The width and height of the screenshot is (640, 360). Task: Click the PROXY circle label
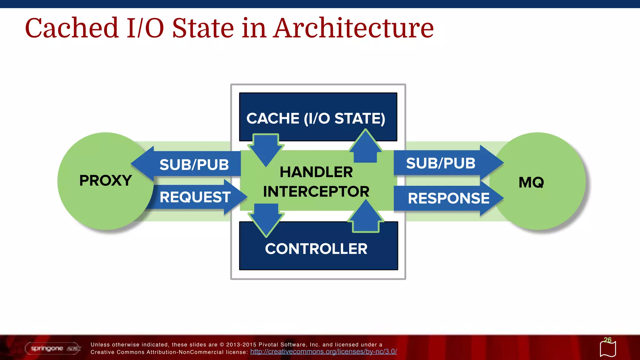(106, 181)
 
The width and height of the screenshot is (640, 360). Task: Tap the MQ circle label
(531, 182)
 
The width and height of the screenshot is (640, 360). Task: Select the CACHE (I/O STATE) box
(316, 118)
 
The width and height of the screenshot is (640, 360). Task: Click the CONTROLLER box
(316, 249)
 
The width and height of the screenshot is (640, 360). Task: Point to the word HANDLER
(316, 172)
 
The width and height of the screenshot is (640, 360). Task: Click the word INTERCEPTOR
(316, 192)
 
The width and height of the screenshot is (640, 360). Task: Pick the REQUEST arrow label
(195, 197)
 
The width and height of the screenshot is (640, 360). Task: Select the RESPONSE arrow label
(448, 198)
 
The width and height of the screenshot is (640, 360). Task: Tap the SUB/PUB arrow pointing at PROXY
(194, 165)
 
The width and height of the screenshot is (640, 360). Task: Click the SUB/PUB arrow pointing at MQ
(441, 163)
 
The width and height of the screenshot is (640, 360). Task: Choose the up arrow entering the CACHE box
(365, 147)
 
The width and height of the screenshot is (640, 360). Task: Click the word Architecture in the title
(353, 28)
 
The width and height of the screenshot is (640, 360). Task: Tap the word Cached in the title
(72, 28)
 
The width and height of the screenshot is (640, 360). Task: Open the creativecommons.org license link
(323, 352)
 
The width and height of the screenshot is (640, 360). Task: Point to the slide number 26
(607, 340)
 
